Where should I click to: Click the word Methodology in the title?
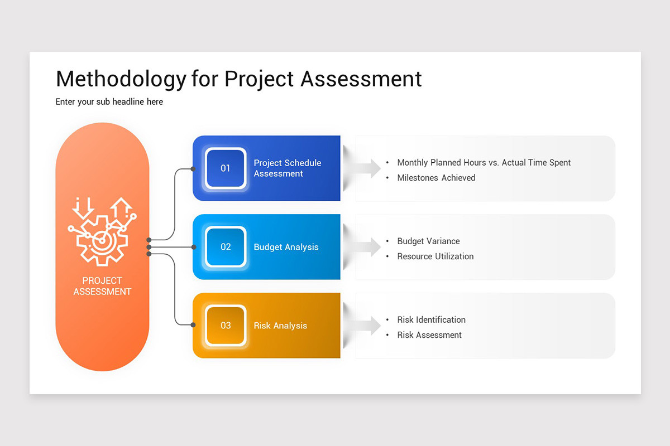coord(120,79)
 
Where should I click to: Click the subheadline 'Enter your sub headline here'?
coord(109,102)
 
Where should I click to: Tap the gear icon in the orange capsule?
coord(102,241)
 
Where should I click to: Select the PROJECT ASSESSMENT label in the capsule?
coord(102,286)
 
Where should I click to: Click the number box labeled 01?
coord(226,168)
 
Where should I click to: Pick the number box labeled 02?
coord(226,246)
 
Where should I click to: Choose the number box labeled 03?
coord(226,325)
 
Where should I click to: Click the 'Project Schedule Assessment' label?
coord(287,168)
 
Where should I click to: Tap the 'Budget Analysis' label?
coord(286,247)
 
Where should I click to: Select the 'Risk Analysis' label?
coord(280,326)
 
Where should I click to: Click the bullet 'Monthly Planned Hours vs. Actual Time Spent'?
coord(484,163)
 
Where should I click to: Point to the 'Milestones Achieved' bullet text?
coord(436,178)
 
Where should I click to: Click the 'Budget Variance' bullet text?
coord(428,241)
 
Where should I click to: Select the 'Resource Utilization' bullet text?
coord(435,256)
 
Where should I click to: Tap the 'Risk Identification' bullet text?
coord(431,320)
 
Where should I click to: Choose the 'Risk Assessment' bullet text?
coord(429,335)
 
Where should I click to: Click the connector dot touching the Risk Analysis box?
coord(193,324)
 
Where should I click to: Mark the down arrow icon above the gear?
coord(84,207)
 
